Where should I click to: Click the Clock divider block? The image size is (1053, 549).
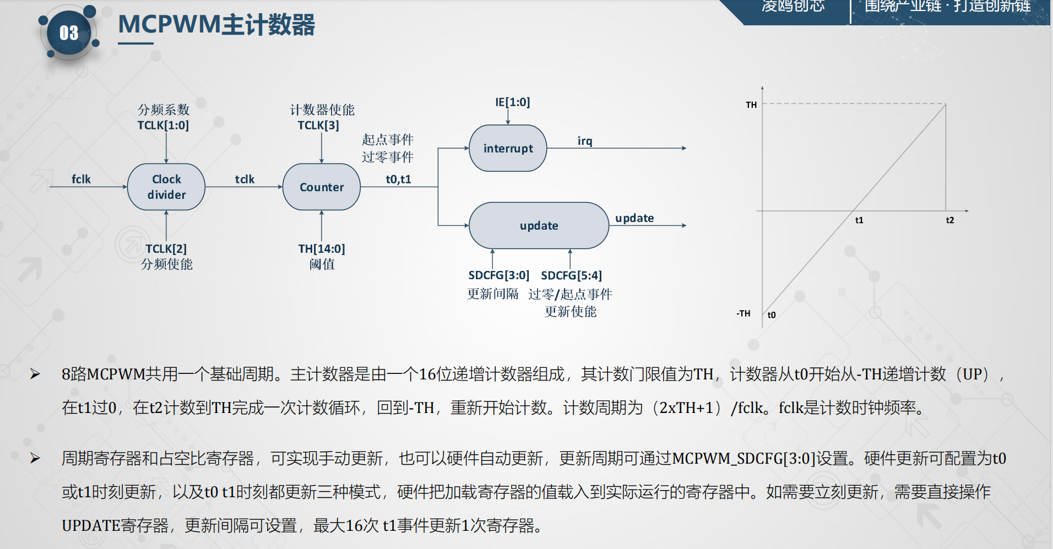click(x=166, y=187)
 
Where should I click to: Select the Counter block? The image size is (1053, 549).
click(x=322, y=187)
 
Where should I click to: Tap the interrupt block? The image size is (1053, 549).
click(x=508, y=148)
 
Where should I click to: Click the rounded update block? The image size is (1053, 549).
click(x=539, y=225)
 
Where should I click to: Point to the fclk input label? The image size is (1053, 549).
click(x=81, y=179)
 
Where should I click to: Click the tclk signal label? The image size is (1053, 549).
click(x=245, y=179)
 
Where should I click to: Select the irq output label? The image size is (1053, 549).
click(x=585, y=141)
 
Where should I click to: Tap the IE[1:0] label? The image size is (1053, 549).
click(x=512, y=102)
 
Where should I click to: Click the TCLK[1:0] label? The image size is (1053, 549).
click(x=163, y=125)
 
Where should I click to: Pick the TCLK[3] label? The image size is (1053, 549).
click(x=318, y=125)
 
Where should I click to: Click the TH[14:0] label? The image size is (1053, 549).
click(x=322, y=248)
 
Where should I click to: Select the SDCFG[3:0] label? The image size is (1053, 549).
click(x=498, y=275)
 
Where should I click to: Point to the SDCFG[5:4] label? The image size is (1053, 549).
click(x=571, y=275)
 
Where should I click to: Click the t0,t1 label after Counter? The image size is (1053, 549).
click(x=398, y=179)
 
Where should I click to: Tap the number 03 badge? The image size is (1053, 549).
click(x=69, y=33)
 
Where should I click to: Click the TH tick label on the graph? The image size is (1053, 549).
click(x=751, y=105)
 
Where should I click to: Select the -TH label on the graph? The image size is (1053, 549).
click(x=743, y=313)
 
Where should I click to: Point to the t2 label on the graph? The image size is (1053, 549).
click(x=949, y=220)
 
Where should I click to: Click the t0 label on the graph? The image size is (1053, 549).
click(x=772, y=315)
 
